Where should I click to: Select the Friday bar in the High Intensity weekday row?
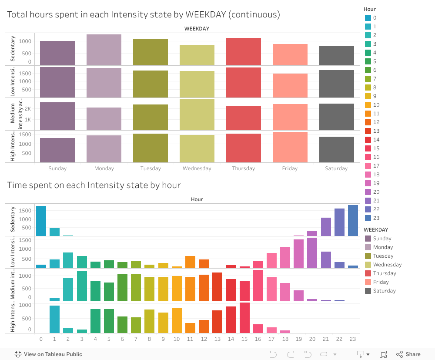click(290, 147)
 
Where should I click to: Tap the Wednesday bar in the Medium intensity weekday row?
click(197, 115)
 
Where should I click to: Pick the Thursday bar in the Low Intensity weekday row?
click(244, 83)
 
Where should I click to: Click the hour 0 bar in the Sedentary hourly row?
click(41, 221)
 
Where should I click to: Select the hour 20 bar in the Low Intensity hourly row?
click(312, 253)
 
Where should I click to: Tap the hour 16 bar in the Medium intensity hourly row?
click(258, 285)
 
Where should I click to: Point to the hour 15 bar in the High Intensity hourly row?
click(244, 318)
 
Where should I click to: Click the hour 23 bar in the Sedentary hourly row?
click(353, 221)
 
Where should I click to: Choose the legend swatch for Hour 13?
click(368, 131)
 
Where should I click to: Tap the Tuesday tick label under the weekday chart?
click(151, 168)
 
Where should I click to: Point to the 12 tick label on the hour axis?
click(204, 339)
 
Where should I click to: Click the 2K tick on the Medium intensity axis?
click(27, 108)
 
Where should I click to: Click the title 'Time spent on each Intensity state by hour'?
click(94, 185)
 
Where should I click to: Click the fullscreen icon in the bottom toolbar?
click(383, 354)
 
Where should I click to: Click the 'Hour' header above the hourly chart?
click(197, 199)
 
